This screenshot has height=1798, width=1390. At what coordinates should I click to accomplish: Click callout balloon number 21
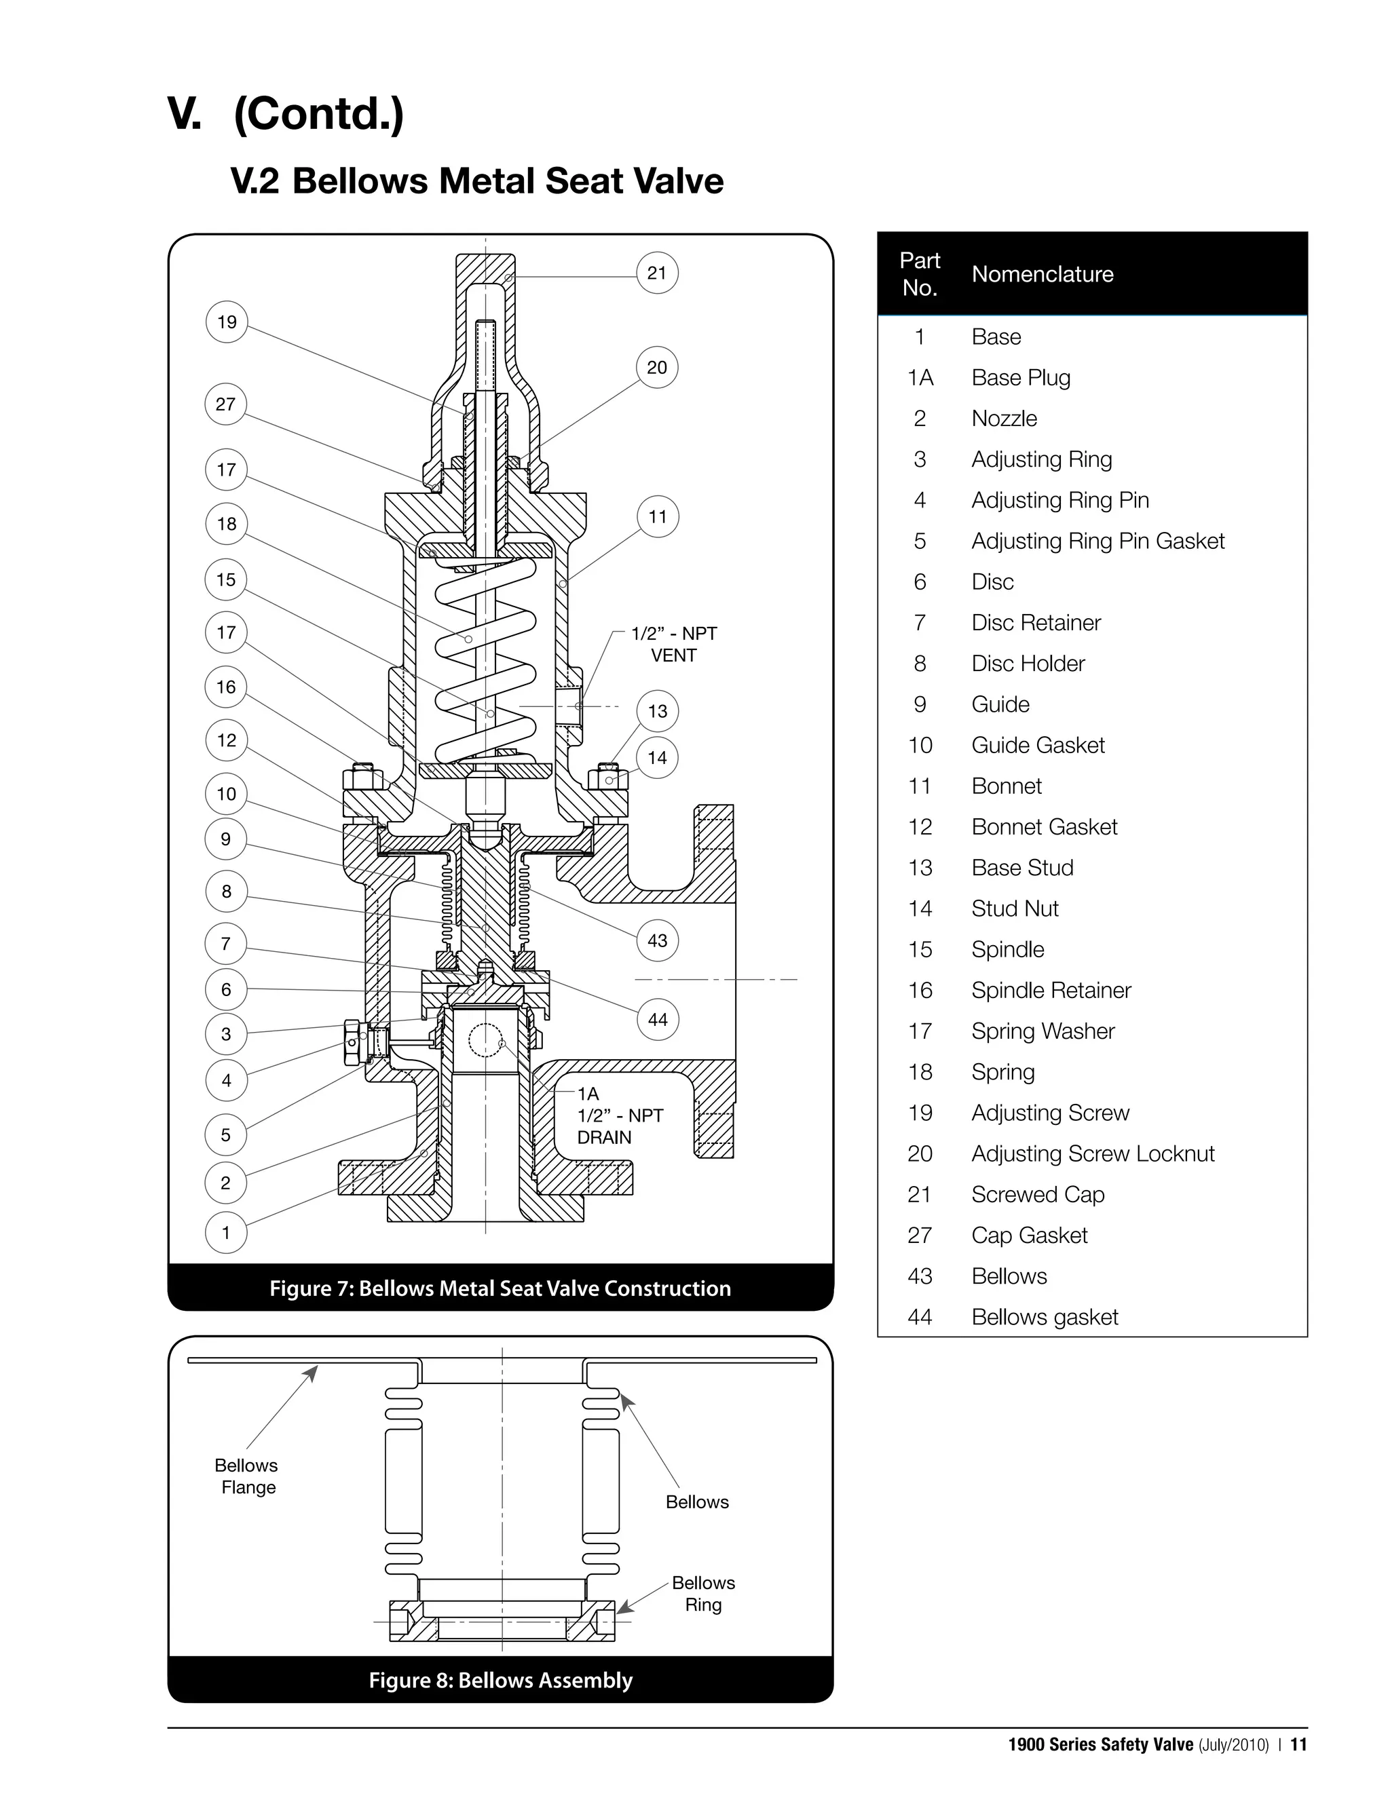656,273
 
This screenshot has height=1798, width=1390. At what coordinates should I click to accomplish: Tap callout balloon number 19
227,322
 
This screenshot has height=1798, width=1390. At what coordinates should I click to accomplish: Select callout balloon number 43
657,940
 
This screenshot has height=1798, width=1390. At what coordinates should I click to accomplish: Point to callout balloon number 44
657,1019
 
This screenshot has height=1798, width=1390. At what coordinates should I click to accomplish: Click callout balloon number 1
225,1232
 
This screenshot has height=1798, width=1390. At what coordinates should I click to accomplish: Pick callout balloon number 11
657,517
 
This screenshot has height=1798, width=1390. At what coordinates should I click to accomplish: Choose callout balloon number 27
225,404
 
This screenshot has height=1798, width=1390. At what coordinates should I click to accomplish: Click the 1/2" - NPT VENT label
673,645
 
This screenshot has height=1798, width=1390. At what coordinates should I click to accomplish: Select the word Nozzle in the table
1004,418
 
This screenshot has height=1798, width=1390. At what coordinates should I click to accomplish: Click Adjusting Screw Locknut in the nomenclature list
1093,1153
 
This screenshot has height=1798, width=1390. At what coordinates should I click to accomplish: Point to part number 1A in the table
920,378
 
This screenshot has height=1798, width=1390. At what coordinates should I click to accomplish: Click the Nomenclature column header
1042,274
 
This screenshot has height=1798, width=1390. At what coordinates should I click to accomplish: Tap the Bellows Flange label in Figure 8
246,1476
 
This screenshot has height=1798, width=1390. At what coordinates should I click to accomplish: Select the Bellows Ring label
702,1593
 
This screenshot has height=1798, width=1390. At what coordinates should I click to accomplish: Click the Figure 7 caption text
500,1288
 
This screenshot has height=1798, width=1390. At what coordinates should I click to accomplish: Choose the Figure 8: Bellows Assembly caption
500,1679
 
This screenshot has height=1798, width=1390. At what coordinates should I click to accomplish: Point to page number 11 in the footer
1298,1744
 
